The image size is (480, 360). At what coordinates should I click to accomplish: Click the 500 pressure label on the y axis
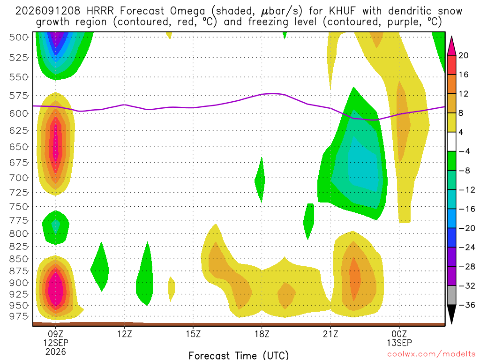pos(18,37)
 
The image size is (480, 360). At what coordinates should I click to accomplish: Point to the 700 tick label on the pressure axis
pos(18,178)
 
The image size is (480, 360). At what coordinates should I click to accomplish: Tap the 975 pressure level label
pos(18,316)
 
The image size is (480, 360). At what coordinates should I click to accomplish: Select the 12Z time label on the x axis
pos(124,334)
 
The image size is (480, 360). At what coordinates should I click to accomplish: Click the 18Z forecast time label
pos(262,334)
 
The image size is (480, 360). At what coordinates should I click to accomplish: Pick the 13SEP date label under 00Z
pos(399,343)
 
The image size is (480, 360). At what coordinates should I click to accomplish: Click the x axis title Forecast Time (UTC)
pos(239,355)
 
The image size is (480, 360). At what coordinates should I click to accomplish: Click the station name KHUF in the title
pos(342,11)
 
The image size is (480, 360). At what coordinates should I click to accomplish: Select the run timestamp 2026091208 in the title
pos(48,11)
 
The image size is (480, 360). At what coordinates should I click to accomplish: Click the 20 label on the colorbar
pos(463,55)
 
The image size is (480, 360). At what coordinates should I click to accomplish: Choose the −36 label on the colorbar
pos(466,305)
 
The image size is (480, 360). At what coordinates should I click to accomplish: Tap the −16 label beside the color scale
pos(466,209)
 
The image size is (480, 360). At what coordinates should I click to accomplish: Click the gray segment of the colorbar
pos(451,295)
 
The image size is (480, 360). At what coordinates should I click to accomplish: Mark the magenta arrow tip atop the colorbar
pos(451,37)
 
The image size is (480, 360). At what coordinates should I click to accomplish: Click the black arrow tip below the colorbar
pos(451,323)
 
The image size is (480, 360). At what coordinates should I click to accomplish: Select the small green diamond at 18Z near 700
pos(260,180)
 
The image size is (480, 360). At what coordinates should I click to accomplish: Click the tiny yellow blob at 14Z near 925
pos(172,289)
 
